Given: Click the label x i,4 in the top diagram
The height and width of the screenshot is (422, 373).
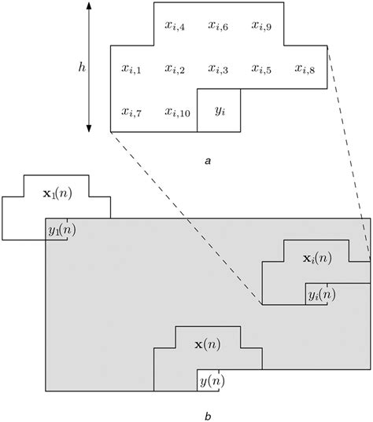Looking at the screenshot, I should pyautogui.click(x=175, y=26).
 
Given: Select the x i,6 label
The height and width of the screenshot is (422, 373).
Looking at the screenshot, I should pyautogui.click(x=218, y=26).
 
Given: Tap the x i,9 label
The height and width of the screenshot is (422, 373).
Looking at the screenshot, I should pyautogui.click(x=262, y=26).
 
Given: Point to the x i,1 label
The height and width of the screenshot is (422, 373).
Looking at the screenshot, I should pyautogui.click(x=131, y=69).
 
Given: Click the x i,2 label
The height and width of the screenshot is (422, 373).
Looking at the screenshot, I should pyautogui.click(x=175, y=69).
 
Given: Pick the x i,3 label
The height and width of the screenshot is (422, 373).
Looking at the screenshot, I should pyautogui.click(x=218, y=69).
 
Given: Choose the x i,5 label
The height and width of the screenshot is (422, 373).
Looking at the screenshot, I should pyautogui.click(x=262, y=69).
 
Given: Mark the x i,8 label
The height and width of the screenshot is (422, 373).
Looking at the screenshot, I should pyautogui.click(x=305, y=69).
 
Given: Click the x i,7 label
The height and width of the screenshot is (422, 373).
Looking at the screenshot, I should pyautogui.click(x=131, y=112).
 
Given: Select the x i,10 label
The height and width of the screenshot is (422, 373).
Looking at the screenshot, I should pyautogui.click(x=177, y=112).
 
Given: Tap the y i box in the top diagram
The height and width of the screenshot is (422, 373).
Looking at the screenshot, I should pyautogui.click(x=219, y=112).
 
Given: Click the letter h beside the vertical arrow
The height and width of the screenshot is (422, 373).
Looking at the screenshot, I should pyautogui.click(x=81, y=68).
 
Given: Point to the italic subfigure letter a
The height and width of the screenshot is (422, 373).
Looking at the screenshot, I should pyautogui.click(x=207, y=160).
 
